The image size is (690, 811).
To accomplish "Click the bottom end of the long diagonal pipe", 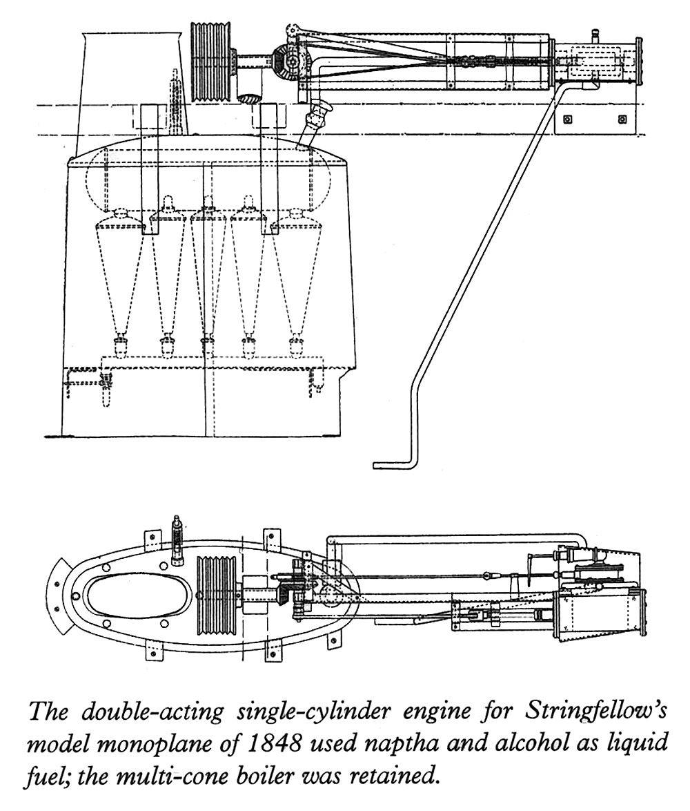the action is (x=374, y=465).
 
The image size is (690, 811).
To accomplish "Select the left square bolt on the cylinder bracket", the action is (x=568, y=119).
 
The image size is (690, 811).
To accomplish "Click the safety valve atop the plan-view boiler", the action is (x=177, y=541).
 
